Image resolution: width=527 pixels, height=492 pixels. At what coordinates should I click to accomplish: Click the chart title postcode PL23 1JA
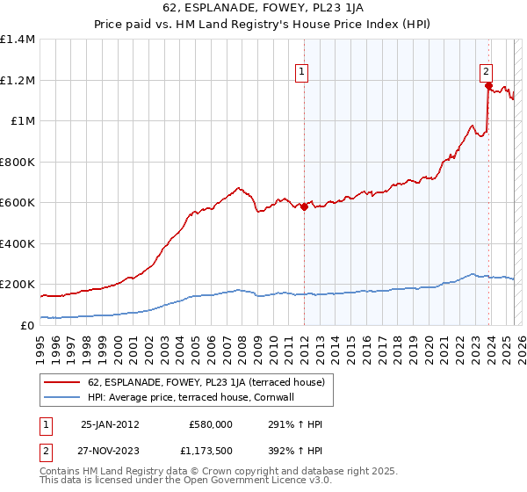330,7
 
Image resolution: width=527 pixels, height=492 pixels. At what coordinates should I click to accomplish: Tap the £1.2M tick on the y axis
18,80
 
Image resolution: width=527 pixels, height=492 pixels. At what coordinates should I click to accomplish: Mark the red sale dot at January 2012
304,207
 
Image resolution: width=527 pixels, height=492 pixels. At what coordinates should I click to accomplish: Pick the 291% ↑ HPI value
289,423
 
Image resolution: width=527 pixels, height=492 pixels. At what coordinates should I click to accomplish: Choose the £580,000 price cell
211,423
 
